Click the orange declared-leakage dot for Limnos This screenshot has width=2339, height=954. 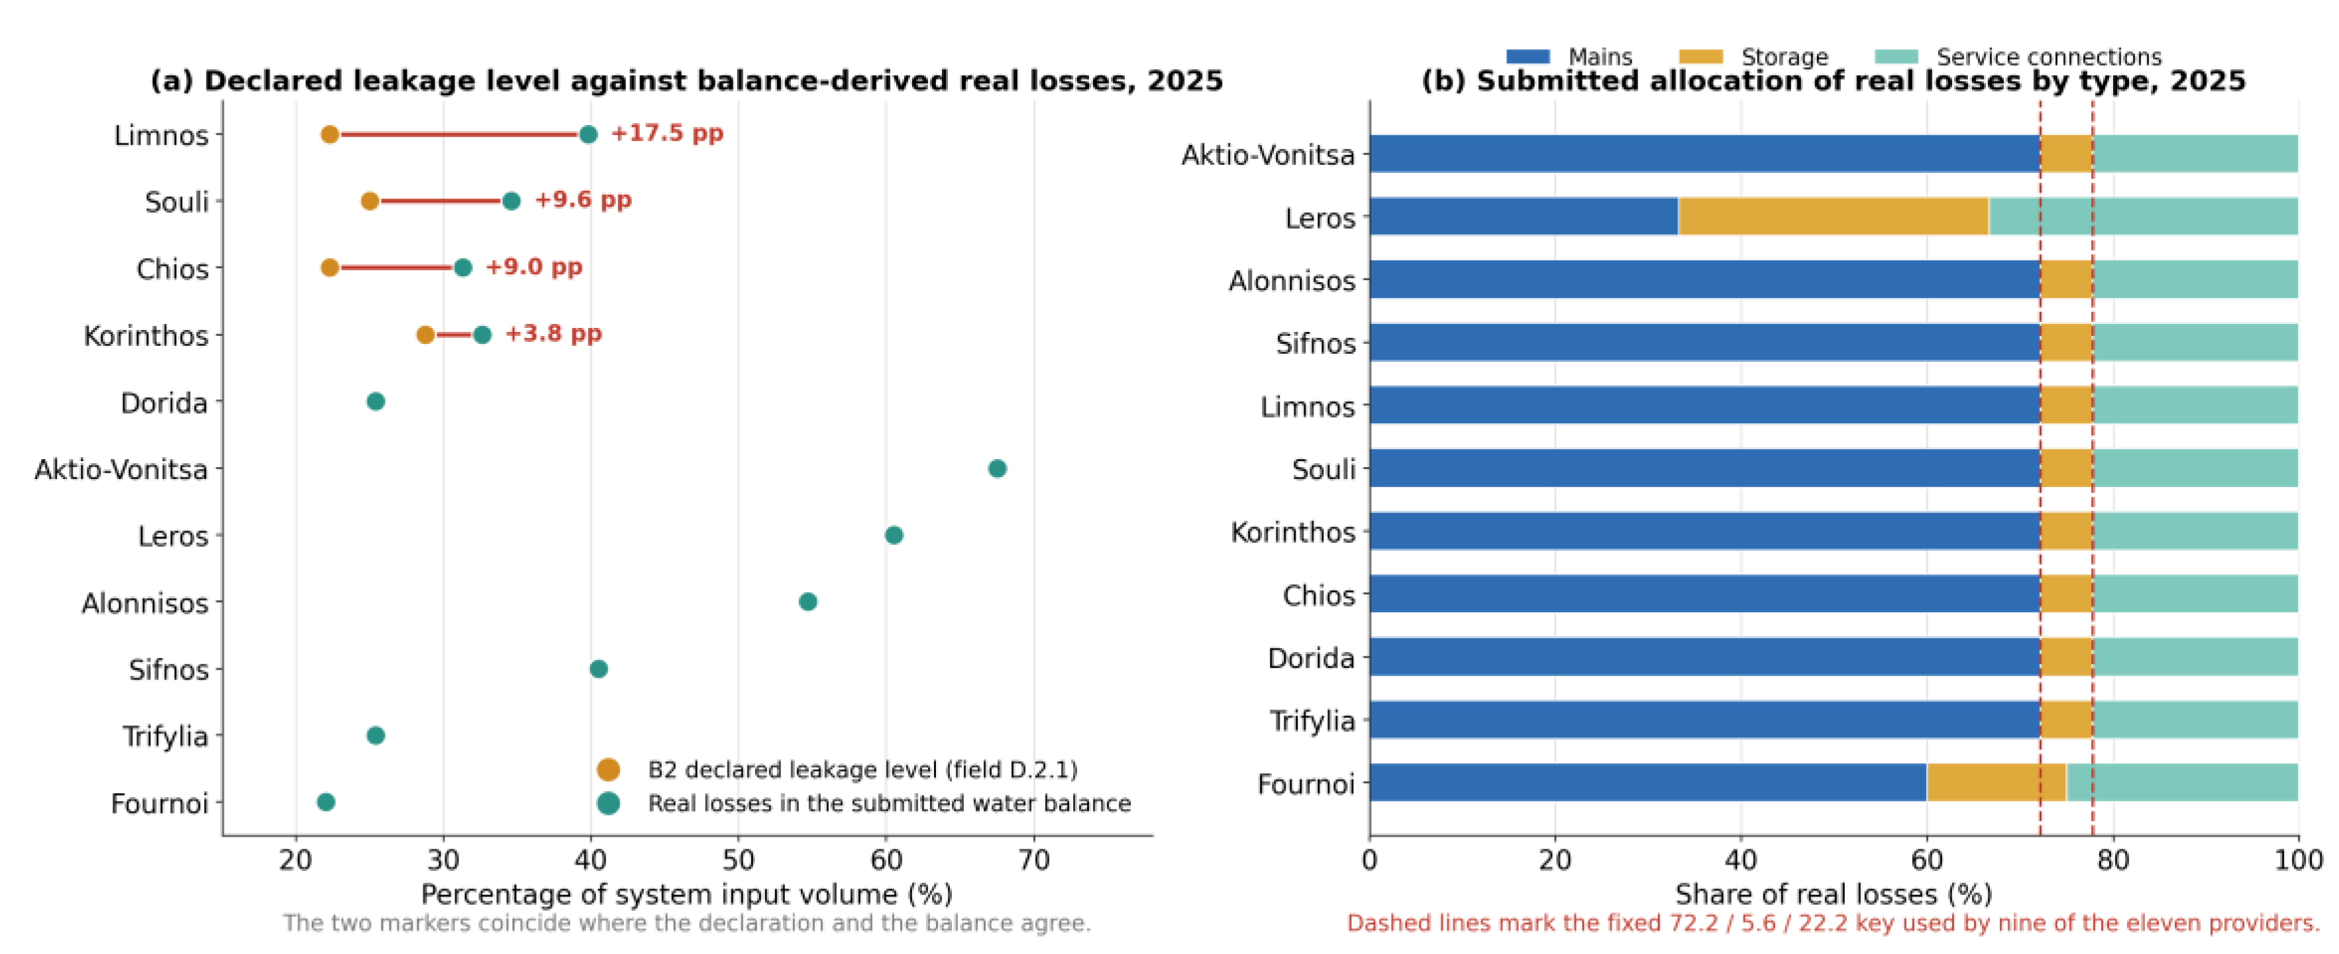[330, 134]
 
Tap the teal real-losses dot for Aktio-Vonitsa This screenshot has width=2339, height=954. [997, 468]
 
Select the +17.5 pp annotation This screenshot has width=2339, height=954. [666, 133]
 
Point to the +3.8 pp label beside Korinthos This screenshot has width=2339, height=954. [553, 334]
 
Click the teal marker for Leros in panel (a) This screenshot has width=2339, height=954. [894, 535]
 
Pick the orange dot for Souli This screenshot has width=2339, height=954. [370, 201]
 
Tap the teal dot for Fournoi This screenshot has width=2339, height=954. [326, 802]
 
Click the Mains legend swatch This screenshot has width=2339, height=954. [1528, 56]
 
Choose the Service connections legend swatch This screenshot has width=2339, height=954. [1896, 56]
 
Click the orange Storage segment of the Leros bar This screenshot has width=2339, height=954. [1834, 216]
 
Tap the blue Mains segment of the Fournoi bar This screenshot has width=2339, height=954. [1648, 782]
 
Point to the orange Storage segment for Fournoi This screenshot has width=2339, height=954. [1997, 782]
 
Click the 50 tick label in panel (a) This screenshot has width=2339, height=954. [738, 860]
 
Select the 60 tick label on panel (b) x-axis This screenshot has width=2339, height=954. [1927, 860]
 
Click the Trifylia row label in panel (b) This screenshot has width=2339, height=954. [1312, 721]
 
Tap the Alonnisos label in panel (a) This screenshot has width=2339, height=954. [145, 603]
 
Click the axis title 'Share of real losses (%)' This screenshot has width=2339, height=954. [1834, 894]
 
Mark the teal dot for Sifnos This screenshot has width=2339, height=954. [598, 669]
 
